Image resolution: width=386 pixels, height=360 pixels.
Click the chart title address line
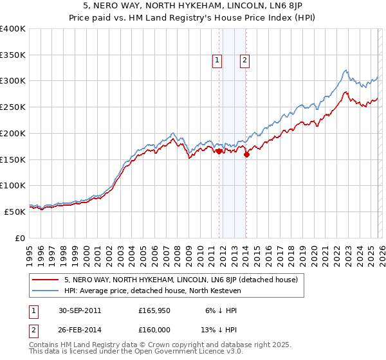pos(193,6)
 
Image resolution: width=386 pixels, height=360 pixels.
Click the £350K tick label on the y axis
pos(13,55)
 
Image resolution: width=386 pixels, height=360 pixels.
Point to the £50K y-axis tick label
pos(15,212)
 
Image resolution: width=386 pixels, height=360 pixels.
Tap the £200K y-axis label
pos(13,134)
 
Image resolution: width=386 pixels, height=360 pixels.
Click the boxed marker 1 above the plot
pos(217,60)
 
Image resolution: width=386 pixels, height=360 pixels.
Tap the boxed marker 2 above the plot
pos(245,60)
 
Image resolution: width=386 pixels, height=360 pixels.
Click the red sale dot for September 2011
pos(219,152)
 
